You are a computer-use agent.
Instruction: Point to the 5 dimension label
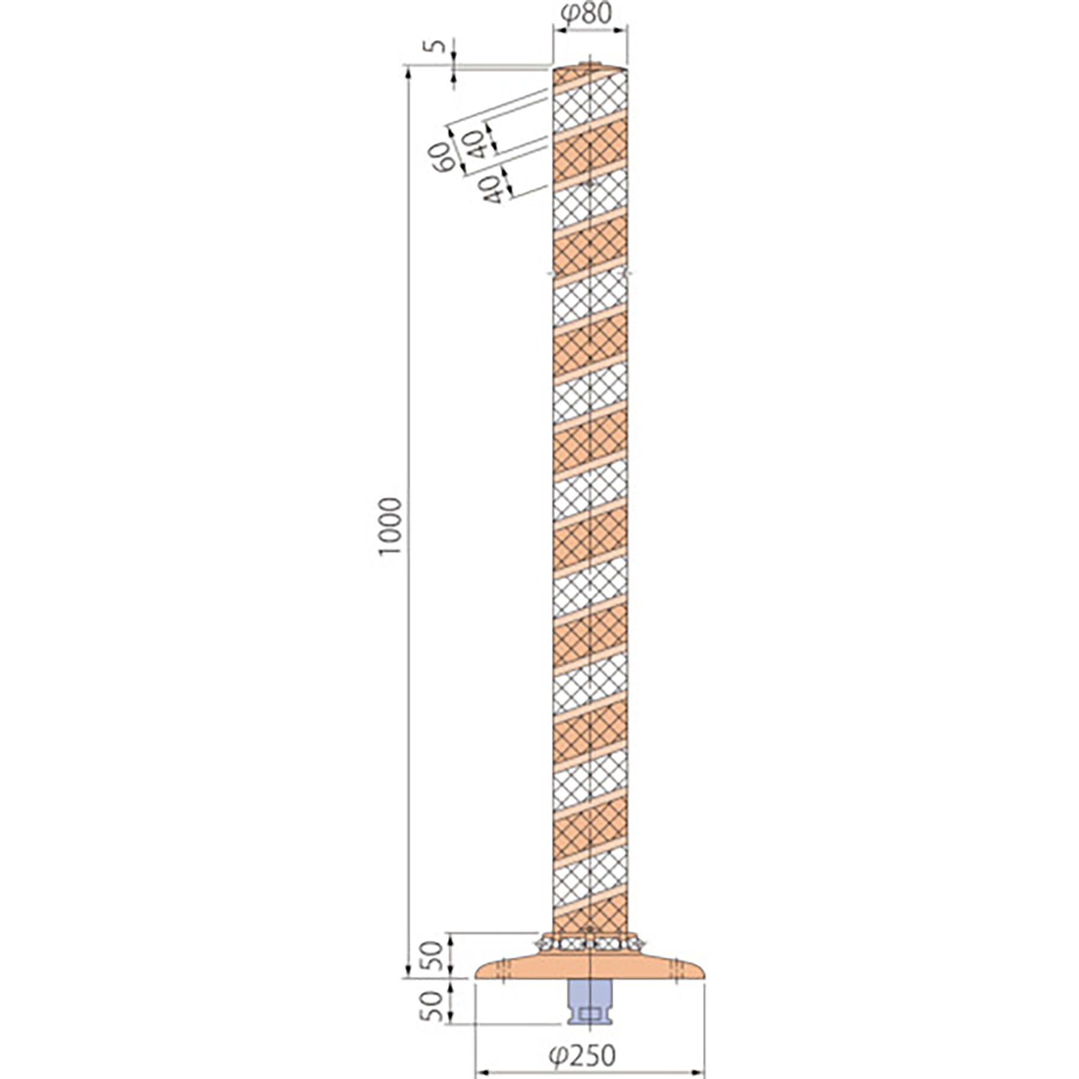click(438, 46)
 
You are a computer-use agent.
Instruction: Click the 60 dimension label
click(442, 158)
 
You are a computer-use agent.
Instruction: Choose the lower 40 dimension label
click(492, 189)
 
